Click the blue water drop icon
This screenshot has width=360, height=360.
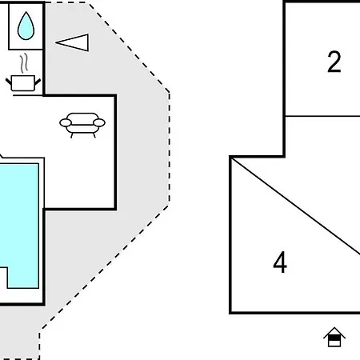click(26, 26)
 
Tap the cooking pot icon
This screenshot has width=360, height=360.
click(23, 83)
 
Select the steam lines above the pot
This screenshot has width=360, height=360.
click(24, 63)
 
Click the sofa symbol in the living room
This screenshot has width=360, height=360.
click(82, 125)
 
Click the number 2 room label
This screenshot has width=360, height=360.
click(334, 62)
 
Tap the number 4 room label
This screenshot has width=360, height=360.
click(280, 262)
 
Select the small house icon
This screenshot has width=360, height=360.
click(334, 337)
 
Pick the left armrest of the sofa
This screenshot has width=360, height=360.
click(66, 122)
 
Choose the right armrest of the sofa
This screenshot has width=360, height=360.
click(99, 122)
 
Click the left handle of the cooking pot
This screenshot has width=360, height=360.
click(9, 82)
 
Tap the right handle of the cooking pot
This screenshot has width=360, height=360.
click(38, 82)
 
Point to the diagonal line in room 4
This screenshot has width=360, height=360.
click(295, 206)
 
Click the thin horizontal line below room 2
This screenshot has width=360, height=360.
click(322, 116)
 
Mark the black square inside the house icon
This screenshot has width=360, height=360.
click(334, 338)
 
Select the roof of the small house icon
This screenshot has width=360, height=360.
click(334, 333)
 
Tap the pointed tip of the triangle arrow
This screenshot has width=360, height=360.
click(56, 42)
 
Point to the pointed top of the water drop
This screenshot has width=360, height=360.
click(26, 12)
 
